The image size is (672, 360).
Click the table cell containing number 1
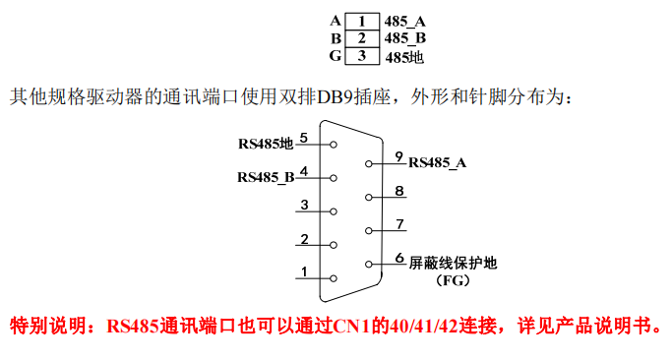(x=362, y=21)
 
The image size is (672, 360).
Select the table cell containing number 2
(x=362, y=38)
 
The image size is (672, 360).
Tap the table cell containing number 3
(x=362, y=56)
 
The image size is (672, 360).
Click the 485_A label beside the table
(x=405, y=21)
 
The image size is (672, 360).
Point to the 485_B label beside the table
(x=405, y=38)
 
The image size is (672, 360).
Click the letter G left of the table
(x=336, y=56)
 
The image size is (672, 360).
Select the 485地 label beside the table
(x=404, y=57)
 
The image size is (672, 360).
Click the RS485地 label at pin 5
(x=266, y=144)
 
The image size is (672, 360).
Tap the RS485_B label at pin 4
(x=266, y=178)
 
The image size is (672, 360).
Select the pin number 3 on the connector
(x=305, y=205)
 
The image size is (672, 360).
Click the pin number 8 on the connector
(x=398, y=191)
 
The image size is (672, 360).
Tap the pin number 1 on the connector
(x=305, y=271)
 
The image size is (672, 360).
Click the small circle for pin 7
(x=369, y=231)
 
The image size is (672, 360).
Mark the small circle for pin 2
(x=335, y=244)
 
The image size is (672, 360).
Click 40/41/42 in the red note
(x=414, y=326)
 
